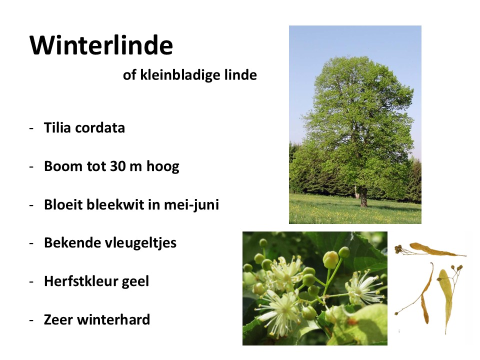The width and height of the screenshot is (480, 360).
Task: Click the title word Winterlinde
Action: [x=101, y=45]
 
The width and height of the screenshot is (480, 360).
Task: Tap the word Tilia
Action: [x=57, y=127]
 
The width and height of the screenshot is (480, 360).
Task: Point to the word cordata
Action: [x=100, y=128]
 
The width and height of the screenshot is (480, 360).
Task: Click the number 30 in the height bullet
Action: [x=118, y=166]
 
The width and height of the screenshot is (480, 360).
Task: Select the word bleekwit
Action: [x=115, y=204]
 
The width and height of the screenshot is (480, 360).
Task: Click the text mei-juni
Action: [x=191, y=205]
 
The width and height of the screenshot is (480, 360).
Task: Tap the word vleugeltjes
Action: [x=141, y=243]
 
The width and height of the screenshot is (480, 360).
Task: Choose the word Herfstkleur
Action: [x=81, y=281]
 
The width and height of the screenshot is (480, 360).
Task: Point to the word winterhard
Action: [x=113, y=319]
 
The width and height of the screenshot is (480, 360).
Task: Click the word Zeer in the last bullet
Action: [x=59, y=320]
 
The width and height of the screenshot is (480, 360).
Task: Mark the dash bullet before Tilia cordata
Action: [x=31, y=128]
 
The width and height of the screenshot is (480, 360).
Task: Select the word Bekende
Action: [x=73, y=243]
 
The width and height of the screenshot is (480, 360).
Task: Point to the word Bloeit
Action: [x=63, y=204]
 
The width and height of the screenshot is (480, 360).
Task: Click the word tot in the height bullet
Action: [x=96, y=166]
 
